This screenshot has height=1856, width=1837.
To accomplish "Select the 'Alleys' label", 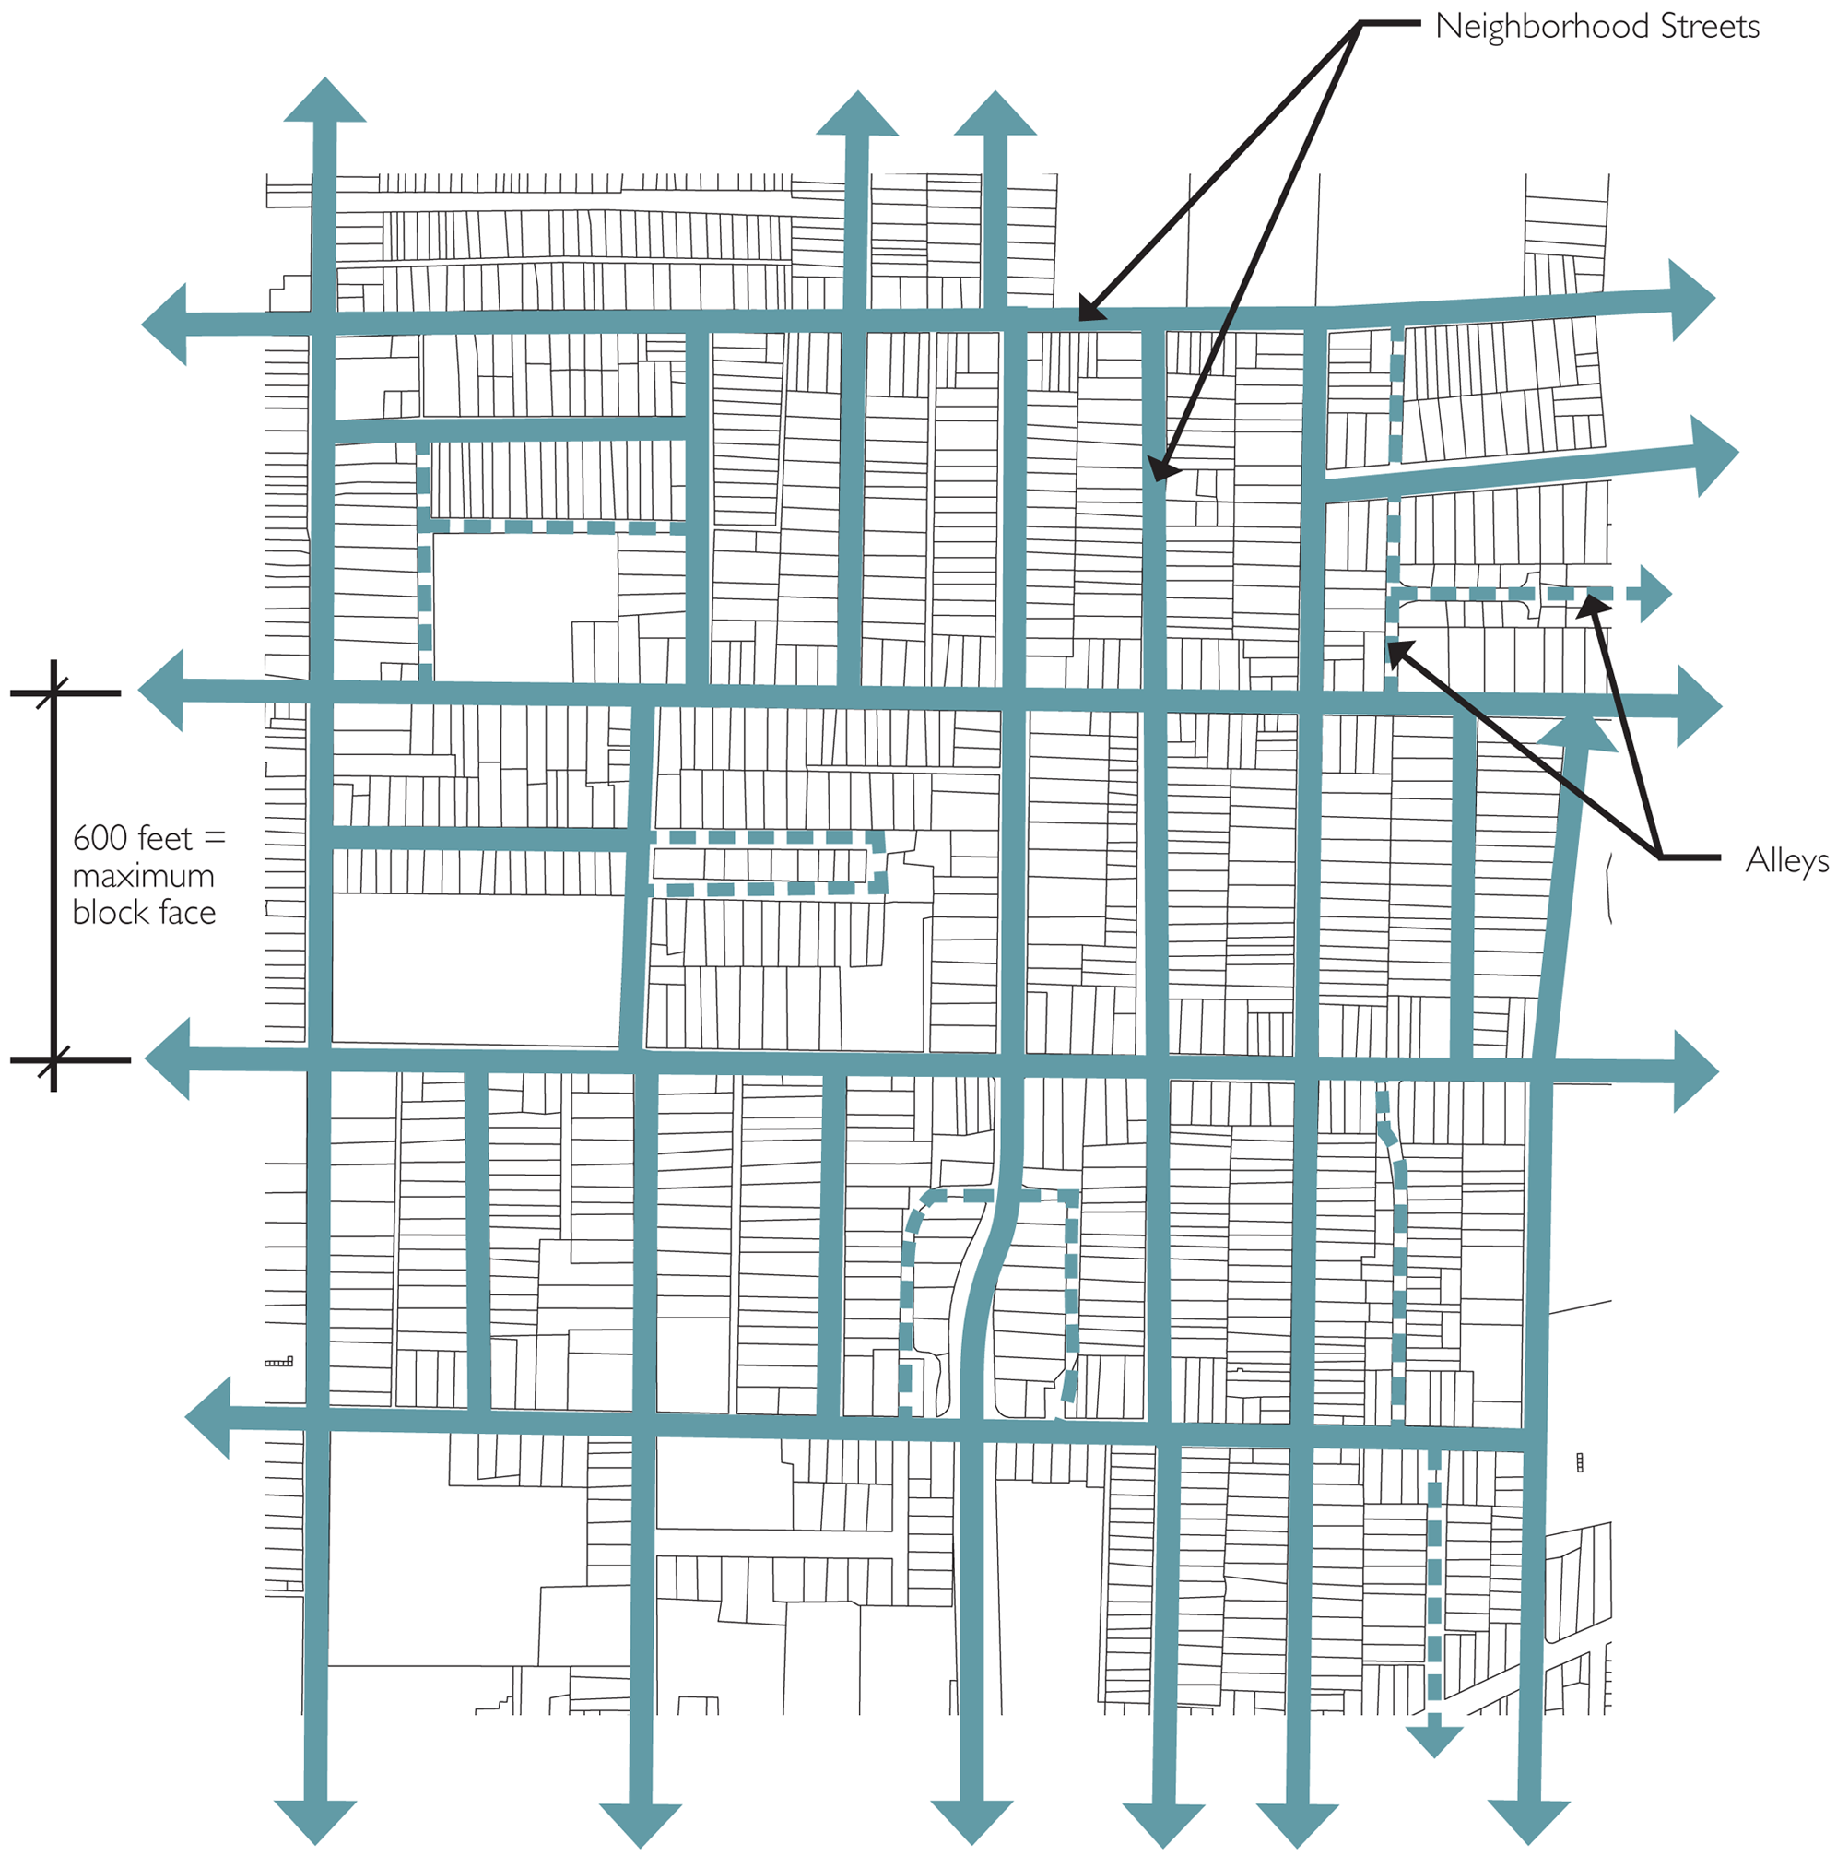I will click(x=1786, y=861).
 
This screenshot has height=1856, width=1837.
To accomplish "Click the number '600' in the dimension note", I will click(x=99, y=839).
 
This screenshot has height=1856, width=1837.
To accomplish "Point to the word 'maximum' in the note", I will click(x=143, y=876).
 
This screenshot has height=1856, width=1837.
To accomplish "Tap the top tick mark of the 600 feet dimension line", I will click(x=53, y=692).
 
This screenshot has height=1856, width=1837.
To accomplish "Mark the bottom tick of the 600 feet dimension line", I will click(x=53, y=1060).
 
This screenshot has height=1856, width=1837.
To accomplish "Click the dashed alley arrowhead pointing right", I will click(x=1654, y=595).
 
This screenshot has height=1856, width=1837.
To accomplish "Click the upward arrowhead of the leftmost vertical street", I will click(x=324, y=100).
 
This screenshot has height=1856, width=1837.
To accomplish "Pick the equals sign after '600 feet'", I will click(x=215, y=839).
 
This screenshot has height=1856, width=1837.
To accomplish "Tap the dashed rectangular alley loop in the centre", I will click(x=768, y=865).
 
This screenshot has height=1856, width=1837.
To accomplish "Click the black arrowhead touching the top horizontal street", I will click(x=1089, y=310).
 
